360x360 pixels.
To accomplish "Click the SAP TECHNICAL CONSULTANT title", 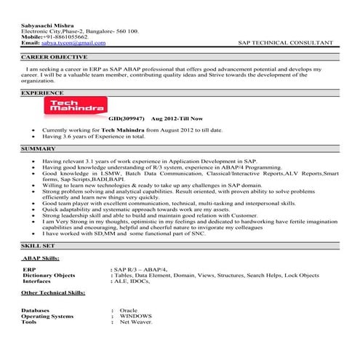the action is coord(280,43).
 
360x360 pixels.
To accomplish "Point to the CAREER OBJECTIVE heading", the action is coord(55,56).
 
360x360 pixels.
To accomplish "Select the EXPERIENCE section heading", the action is coord(42,94).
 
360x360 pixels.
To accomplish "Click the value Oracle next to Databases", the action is coord(129,311).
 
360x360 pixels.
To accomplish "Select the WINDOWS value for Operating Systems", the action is coord(136,316).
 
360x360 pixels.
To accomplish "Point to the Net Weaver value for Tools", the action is coord(136,322).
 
